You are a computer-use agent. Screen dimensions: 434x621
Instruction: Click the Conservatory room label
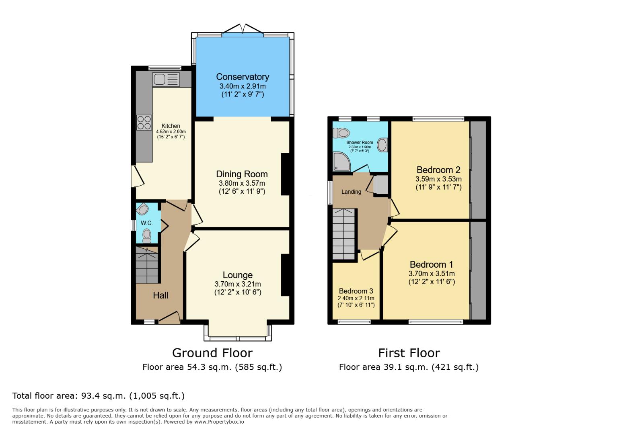pyautogui.click(x=242, y=77)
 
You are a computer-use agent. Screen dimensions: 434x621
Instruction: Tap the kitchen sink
pyautogui.click(x=165, y=79)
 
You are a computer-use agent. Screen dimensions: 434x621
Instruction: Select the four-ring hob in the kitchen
pyautogui.click(x=144, y=122)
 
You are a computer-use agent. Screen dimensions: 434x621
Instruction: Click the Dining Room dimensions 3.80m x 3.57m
pyautogui.click(x=242, y=183)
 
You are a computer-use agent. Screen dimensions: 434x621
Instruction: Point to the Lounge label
pyautogui.click(x=237, y=275)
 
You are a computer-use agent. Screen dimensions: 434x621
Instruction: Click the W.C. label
pyautogui.click(x=146, y=223)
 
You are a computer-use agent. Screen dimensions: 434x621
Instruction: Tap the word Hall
pyautogui.click(x=160, y=295)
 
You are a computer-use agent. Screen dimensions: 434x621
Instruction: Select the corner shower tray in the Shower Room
pyautogui.click(x=341, y=162)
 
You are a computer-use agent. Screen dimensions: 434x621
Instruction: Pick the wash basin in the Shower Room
pyautogui.click(x=382, y=145)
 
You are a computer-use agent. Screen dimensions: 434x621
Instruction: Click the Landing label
pyautogui.click(x=351, y=192)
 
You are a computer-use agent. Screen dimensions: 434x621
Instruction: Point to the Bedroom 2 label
pyautogui.click(x=438, y=170)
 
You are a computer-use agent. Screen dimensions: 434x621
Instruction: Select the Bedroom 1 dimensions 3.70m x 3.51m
pyautogui.click(x=431, y=274)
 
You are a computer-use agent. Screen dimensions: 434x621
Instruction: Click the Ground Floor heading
pyautogui.click(x=212, y=353)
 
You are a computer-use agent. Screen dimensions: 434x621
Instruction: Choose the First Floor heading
pyautogui.click(x=409, y=353)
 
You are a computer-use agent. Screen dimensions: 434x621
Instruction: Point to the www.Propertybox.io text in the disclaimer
pyautogui.click(x=219, y=422)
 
